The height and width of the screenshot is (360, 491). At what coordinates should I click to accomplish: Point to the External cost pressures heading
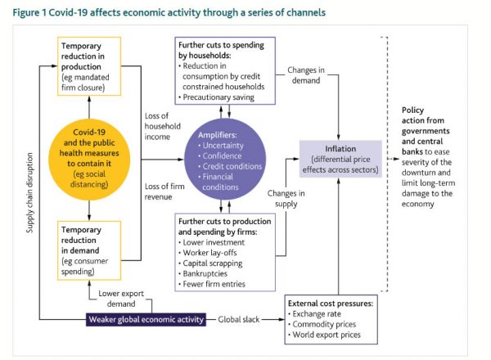tap(330, 303)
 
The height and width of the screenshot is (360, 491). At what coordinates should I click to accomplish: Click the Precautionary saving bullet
tap(218, 97)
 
